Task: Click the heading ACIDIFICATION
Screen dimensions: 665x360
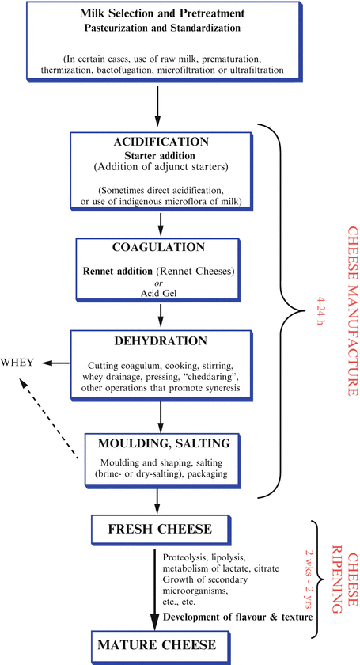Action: coord(161,142)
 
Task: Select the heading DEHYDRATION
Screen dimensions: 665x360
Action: coord(161,342)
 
